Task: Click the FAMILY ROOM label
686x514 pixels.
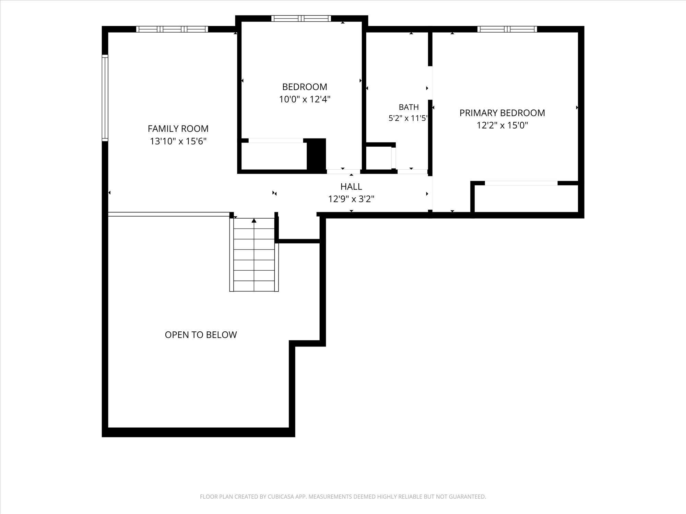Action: tap(178, 128)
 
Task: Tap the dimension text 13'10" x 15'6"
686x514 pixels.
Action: tap(178, 141)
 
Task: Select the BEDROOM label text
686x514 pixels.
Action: tap(305, 87)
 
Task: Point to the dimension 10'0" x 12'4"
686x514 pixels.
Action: tap(305, 99)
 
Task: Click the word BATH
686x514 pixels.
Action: tap(409, 107)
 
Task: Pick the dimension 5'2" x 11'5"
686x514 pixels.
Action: tap(408, 119)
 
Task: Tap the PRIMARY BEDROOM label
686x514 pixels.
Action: tap(502, 113)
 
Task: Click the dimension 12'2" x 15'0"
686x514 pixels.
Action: tap(502, 125)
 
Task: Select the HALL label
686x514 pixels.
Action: tap(351, 186)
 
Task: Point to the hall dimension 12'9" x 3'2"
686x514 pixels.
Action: tap(351, 199)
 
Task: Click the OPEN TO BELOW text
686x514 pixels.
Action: tap(201, 335)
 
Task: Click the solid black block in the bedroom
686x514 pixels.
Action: tap(316, 154)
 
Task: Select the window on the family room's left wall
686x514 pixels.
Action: tap(105, 98)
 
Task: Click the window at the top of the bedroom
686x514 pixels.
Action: tap(301, 19)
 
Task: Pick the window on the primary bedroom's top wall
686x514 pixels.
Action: tap(507, 29)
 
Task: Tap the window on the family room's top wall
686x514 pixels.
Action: tap(172, 29)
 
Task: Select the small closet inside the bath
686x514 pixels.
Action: tap(379, 158)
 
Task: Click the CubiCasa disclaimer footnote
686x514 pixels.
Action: tap(343, 497)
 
